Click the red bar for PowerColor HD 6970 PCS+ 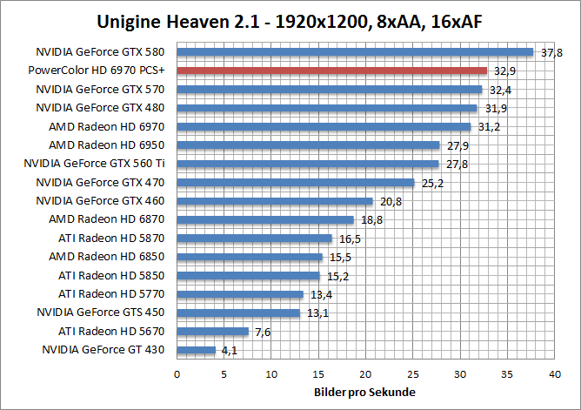[331, 71]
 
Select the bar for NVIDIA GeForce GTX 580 [355, 51]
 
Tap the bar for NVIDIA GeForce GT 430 [196, 350]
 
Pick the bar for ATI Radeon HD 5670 [212, 331]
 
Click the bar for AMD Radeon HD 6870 [265, 219]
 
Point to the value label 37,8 [551, 52]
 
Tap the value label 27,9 [457, 145]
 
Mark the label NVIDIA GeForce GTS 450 [103, 312]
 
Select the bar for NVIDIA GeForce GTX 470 [295, 182]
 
